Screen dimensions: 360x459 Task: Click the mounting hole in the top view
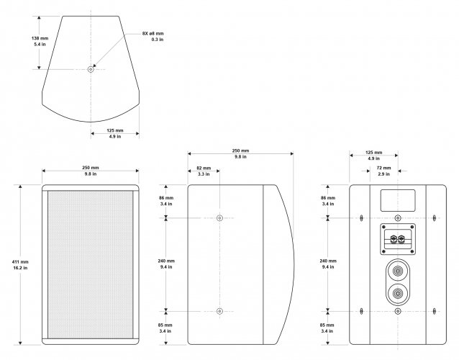point(91,70)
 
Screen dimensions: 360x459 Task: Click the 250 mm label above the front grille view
point(91,171)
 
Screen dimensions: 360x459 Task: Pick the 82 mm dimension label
point(204,171)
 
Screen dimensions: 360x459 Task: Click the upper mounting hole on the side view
point(219,217)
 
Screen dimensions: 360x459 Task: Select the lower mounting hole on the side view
point(219,311)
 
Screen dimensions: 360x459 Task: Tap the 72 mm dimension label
point(383,171)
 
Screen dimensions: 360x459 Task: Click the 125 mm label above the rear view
point(373,156)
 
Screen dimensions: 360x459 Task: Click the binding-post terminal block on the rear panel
point(396,238)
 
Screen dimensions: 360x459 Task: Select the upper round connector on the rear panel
point(396,271)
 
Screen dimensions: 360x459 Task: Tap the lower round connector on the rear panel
point(396,294)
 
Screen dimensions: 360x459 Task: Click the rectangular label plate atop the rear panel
point(396,197)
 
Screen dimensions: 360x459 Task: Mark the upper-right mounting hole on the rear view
point(435,216)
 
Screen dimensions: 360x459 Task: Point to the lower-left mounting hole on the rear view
point(359,311)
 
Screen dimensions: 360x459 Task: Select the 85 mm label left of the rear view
point(327,328)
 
